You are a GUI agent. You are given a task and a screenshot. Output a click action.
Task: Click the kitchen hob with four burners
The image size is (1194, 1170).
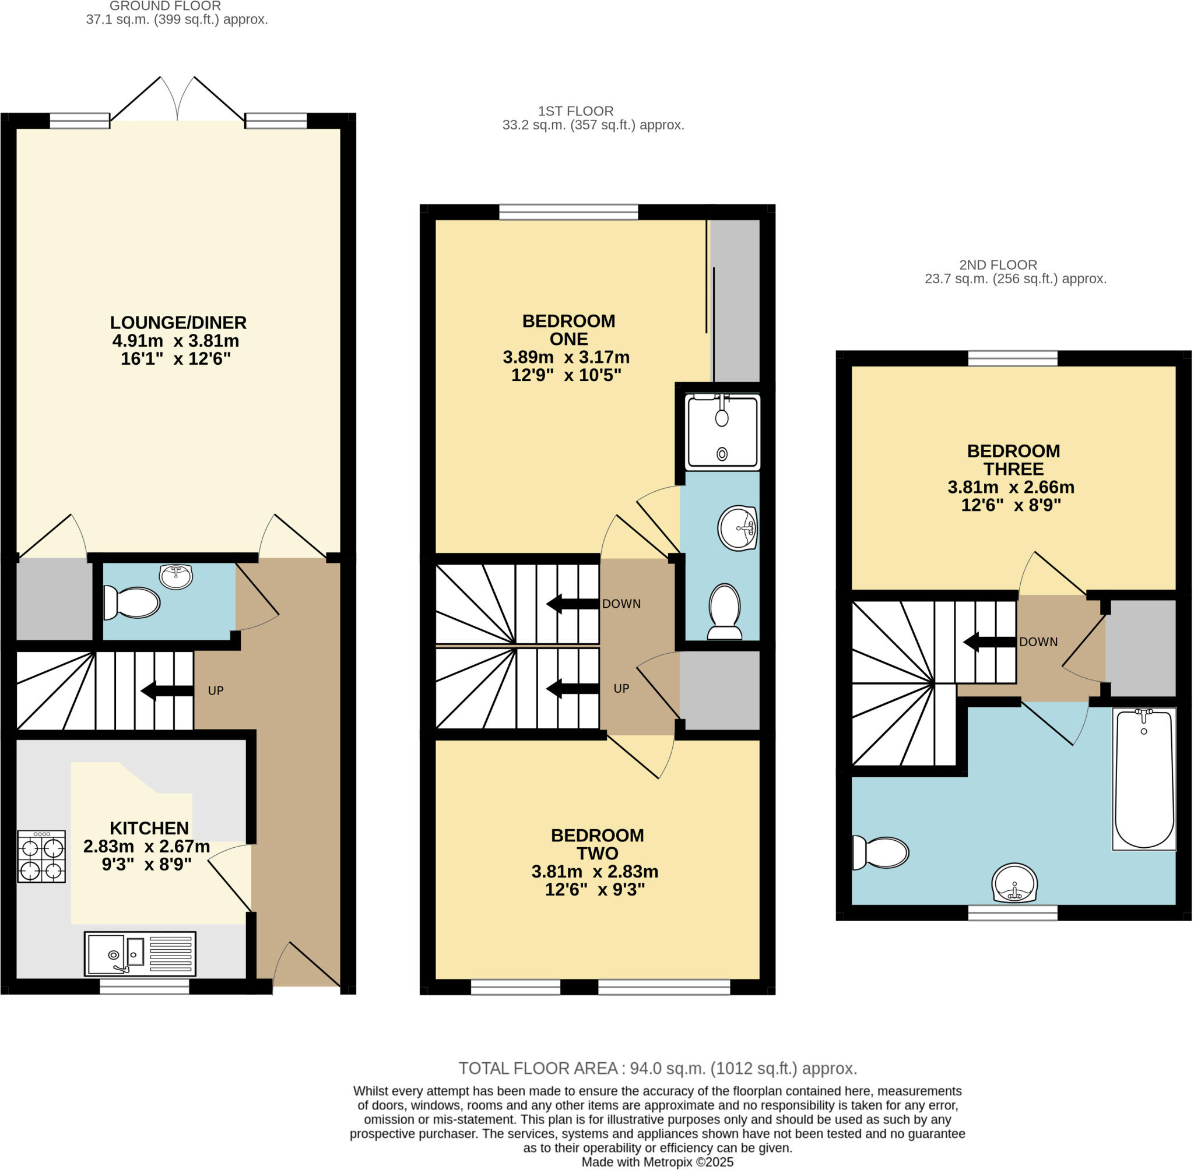41,857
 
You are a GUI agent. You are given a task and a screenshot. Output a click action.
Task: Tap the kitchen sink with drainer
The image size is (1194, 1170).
140,954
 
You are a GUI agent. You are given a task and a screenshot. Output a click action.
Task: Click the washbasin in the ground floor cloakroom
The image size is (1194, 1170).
176,576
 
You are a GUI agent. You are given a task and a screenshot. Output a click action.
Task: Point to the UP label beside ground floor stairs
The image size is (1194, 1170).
215,690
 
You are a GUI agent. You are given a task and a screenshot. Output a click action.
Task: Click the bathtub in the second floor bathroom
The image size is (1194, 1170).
1144,779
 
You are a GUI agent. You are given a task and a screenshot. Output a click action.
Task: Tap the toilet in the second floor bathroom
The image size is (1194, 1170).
880,852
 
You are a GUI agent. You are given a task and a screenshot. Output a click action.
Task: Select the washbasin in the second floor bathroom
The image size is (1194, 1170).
1014,883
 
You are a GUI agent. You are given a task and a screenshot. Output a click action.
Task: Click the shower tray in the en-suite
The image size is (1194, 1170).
722,432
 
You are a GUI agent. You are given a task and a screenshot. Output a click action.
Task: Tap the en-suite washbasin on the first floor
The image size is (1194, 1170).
736,528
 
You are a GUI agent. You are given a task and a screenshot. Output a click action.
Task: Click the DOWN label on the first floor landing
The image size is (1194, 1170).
621,604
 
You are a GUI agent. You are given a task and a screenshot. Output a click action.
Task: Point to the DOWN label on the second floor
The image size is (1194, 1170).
1038,642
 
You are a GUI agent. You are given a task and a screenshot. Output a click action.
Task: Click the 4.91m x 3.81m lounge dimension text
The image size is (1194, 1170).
176,341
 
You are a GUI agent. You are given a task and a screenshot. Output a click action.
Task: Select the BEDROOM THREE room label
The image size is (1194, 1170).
1013,460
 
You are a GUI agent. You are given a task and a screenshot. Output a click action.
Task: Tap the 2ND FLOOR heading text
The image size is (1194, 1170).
998,265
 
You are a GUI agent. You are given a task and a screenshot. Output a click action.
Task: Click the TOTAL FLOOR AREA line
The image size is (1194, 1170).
657,1068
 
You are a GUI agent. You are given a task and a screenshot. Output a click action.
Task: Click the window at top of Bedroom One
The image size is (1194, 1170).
568,213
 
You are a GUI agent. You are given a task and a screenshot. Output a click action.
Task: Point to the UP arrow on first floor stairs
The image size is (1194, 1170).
573,688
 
